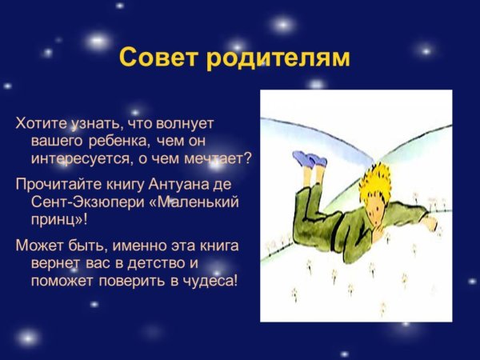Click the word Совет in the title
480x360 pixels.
[x=155, y=58]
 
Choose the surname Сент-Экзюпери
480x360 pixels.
[x=81, y=201]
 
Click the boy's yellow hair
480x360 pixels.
[x=381, y=178]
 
